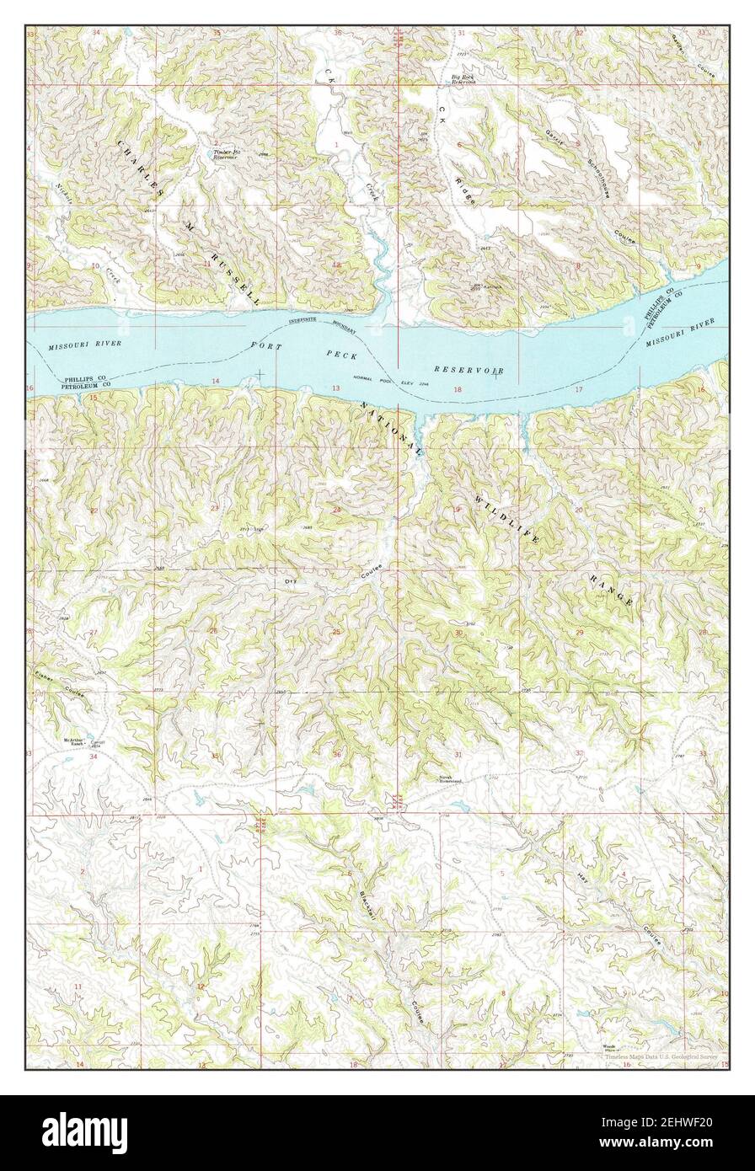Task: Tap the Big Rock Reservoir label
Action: tap(464, 80)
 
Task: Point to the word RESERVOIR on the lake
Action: tap(469, 370)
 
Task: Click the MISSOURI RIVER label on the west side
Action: tap(84, 345)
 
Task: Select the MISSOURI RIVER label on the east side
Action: tap(681, 334)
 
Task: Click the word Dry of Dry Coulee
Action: tap(292, 581)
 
